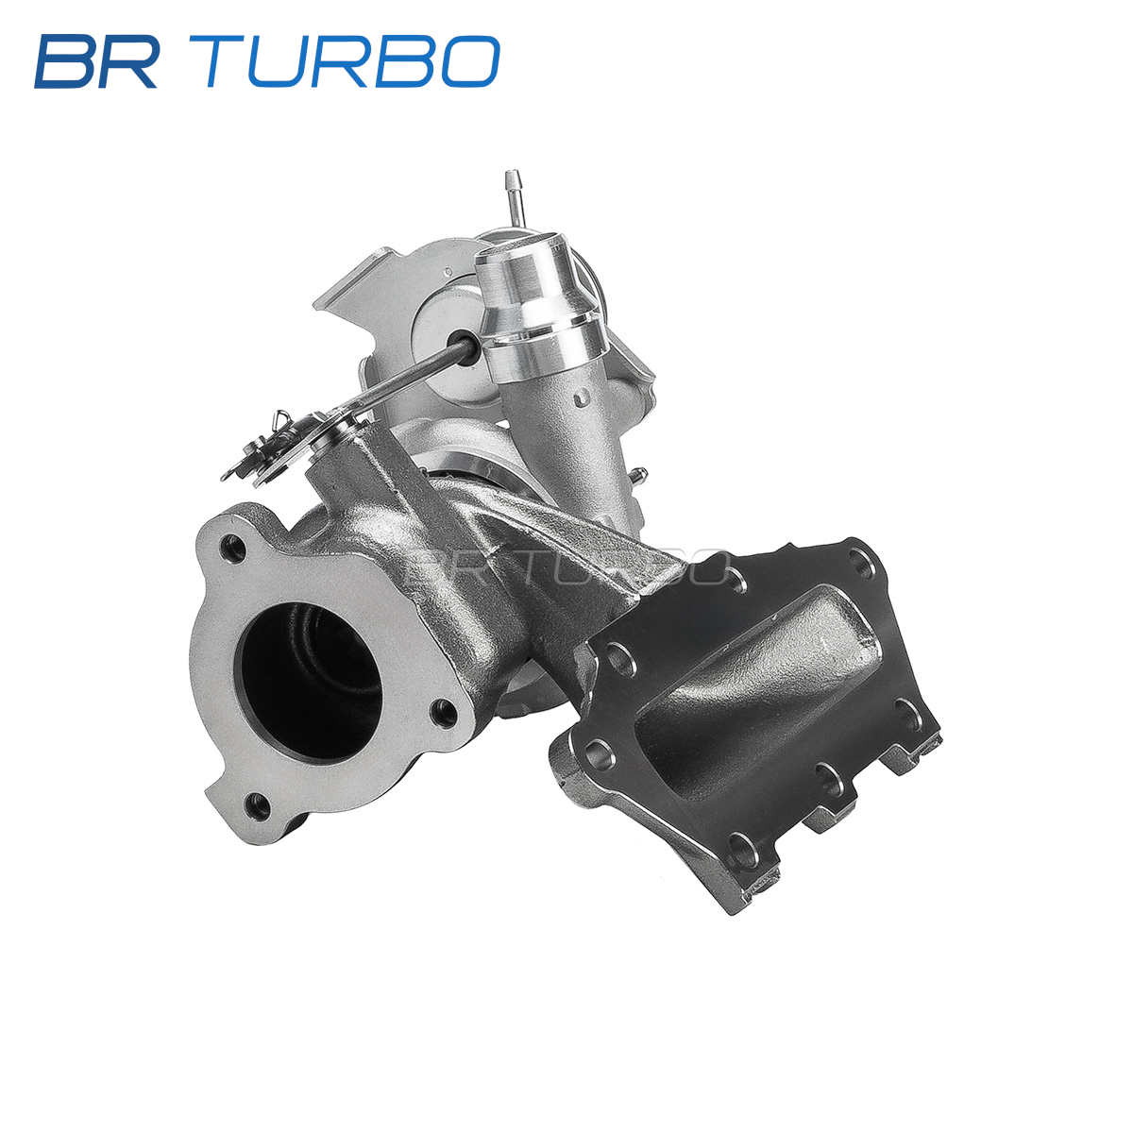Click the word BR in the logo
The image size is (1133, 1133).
(97, 61)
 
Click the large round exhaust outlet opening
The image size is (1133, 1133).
(311, 683)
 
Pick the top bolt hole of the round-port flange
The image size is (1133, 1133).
(234, 550)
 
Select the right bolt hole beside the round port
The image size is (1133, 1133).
(443, 714)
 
